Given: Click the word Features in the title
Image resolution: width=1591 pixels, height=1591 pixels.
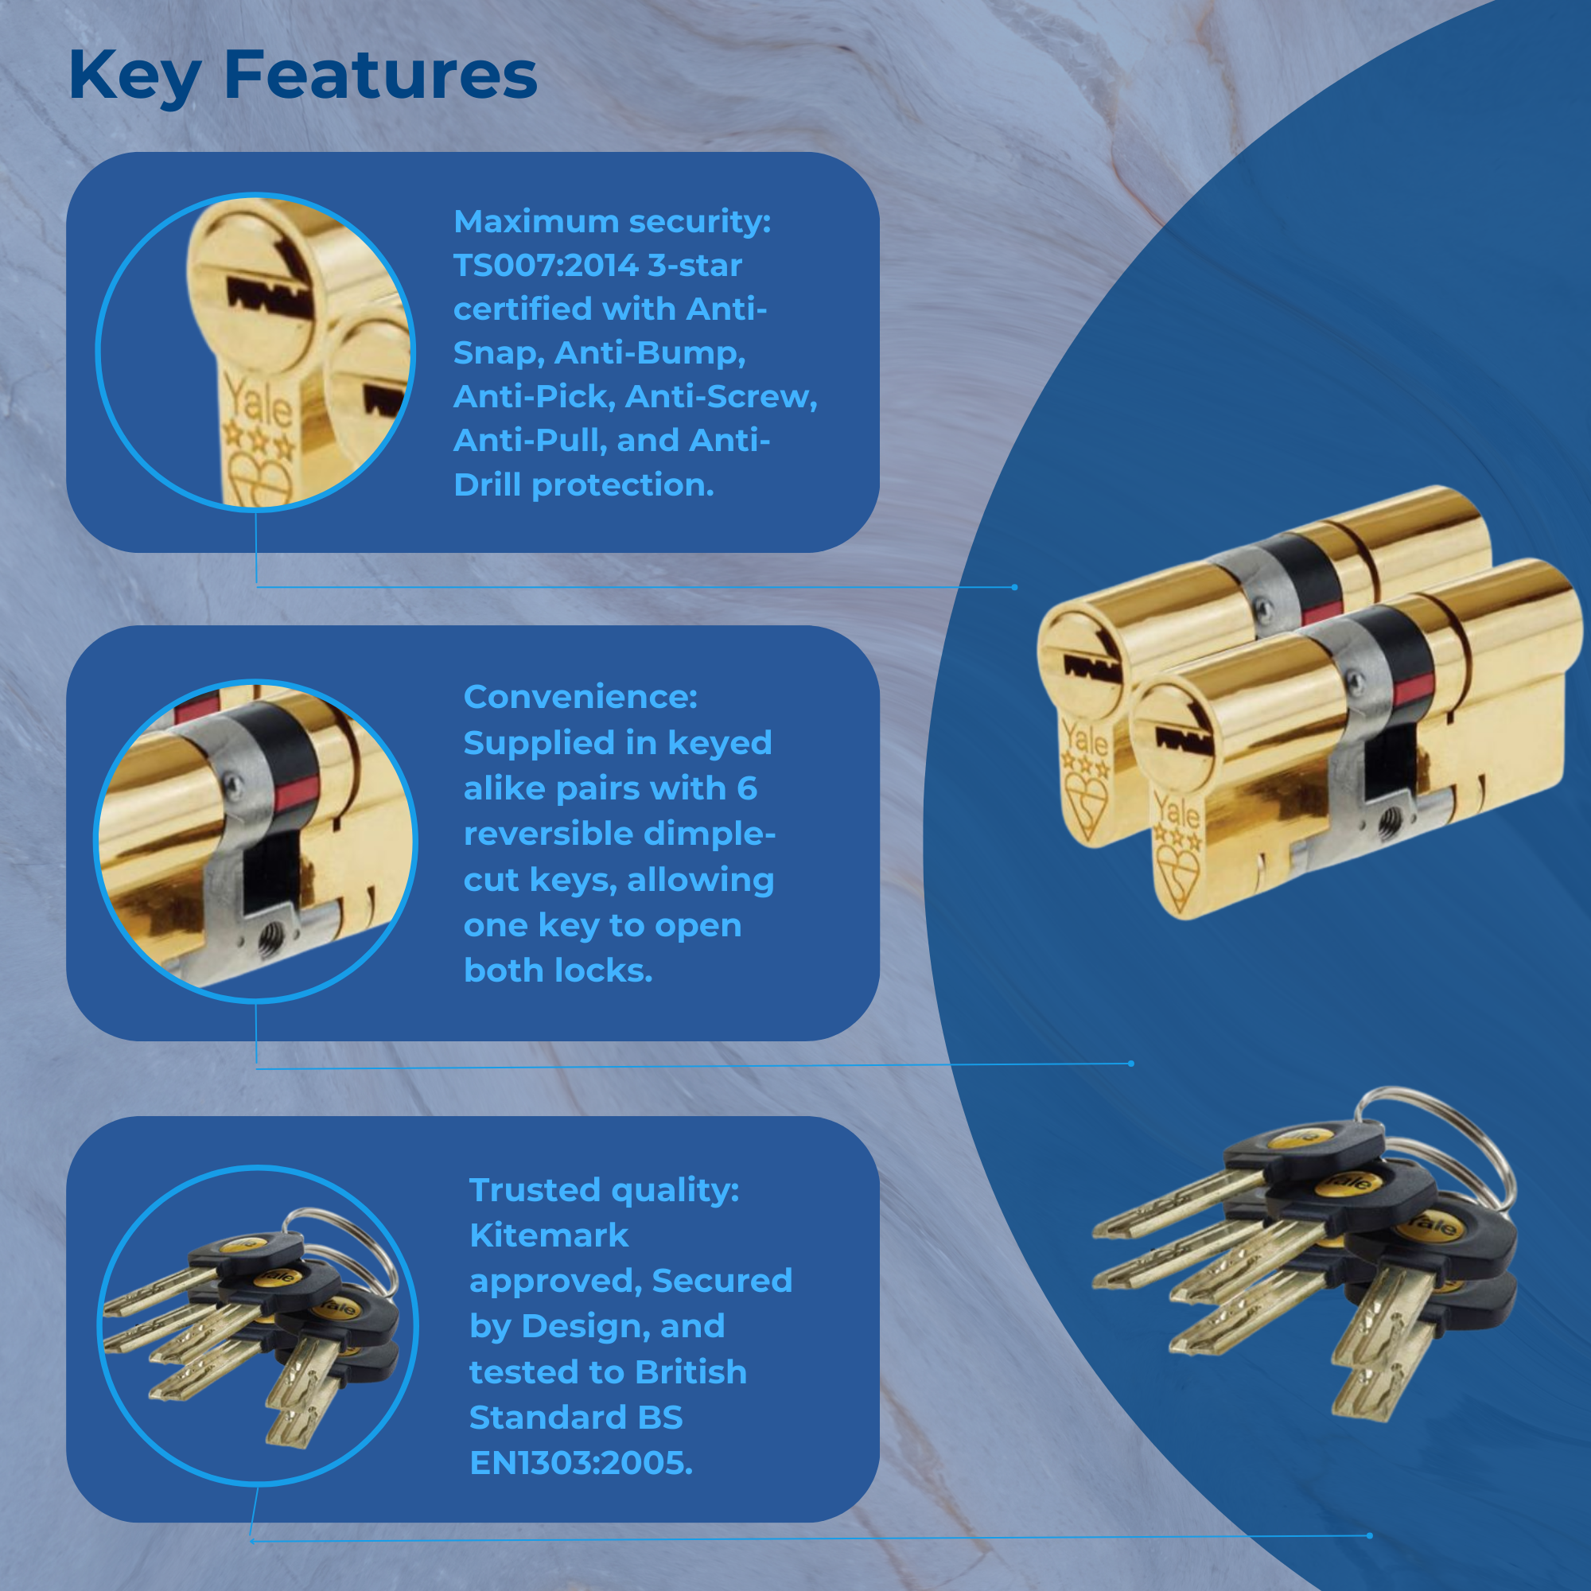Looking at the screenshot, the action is [x=380, y=75].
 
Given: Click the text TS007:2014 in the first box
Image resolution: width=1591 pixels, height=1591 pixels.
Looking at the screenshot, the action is [x=545, y=265].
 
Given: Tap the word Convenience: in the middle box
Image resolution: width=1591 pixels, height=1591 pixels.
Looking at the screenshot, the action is [x=581, y=697].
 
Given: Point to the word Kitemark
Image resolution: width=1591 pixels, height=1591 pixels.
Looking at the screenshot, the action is [x=548, y=1235].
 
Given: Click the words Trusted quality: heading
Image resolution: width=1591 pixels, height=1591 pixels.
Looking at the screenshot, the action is [x=605, y=1191].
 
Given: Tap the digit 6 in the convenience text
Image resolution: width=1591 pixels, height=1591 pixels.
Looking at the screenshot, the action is [x=746, y=788].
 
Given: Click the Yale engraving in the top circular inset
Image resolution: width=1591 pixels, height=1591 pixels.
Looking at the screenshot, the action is [x=258, y=400].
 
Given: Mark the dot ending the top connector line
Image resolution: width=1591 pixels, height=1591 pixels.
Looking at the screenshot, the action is [x=1014, y=587].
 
